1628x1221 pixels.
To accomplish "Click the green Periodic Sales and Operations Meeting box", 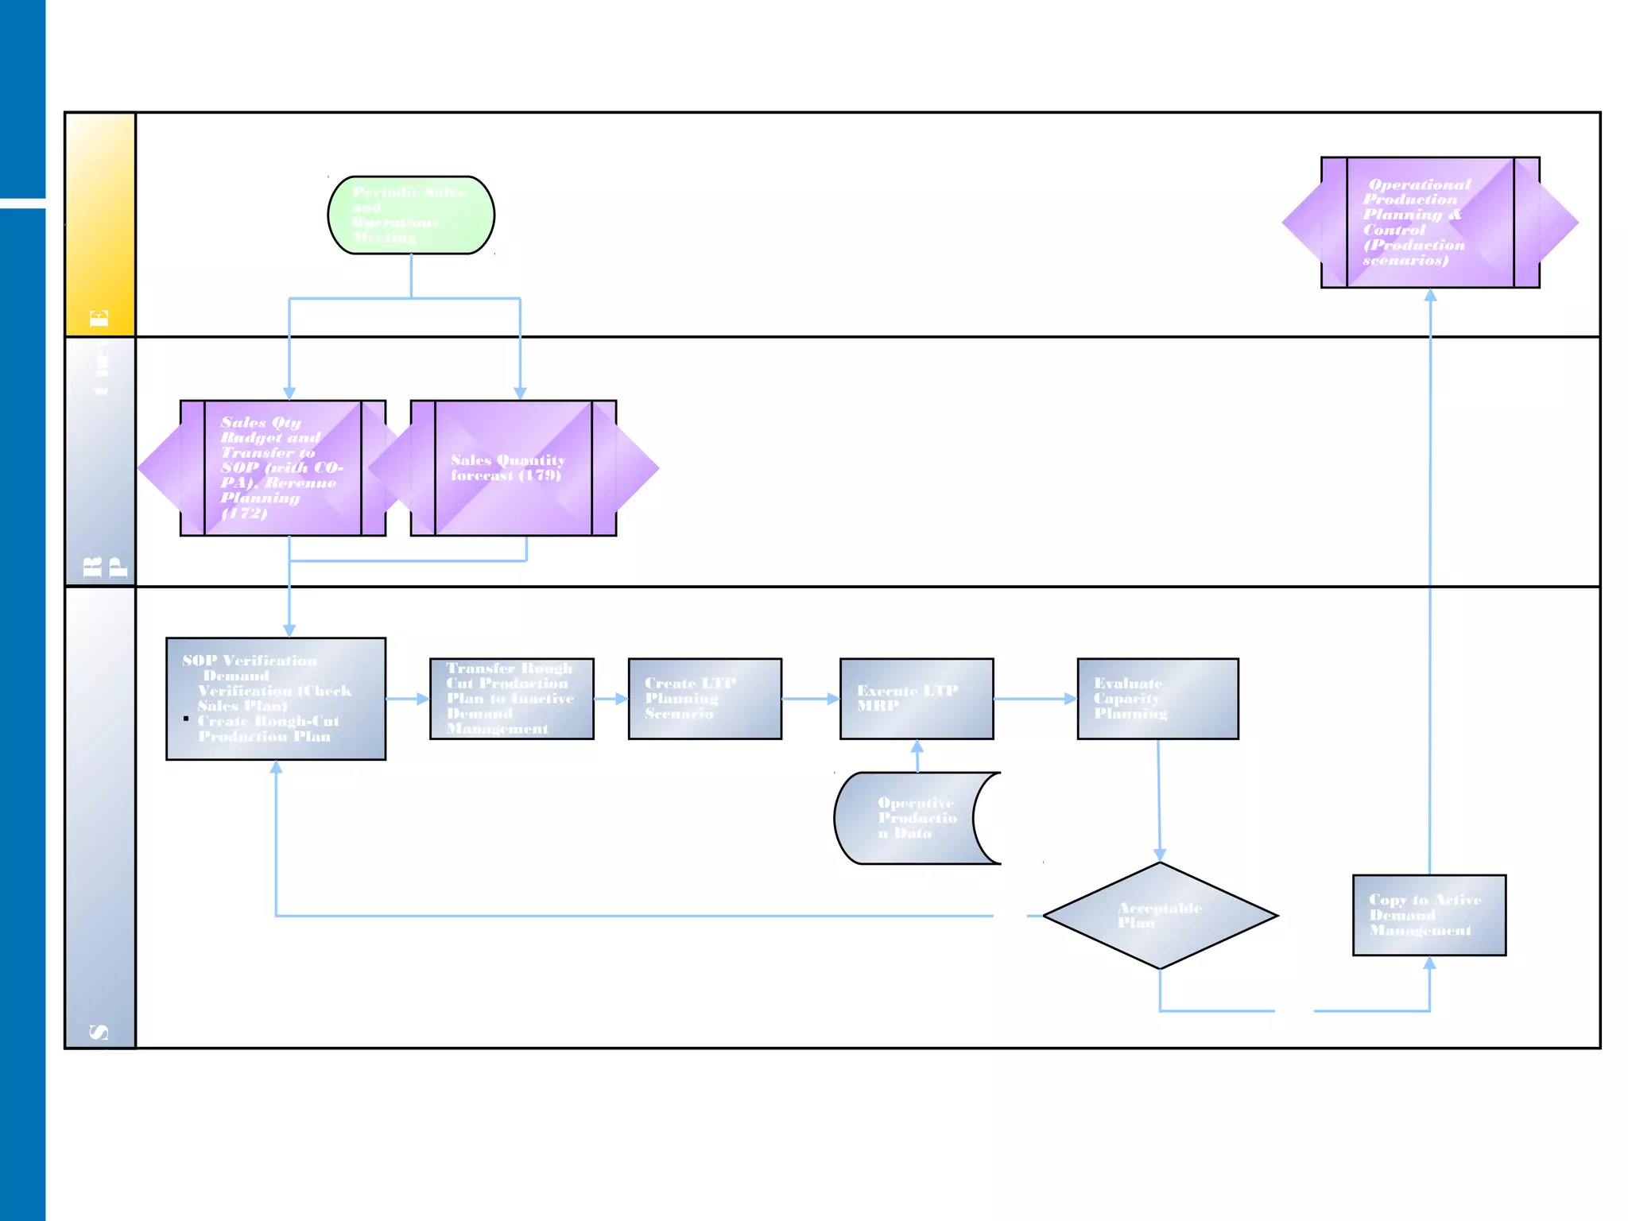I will (x=411, y=215).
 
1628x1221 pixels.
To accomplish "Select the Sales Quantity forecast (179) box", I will (x=514, y=468).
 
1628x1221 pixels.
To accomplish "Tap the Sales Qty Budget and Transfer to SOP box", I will (x=283, y=468).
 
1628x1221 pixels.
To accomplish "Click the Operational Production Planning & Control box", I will (x=1430, y=223).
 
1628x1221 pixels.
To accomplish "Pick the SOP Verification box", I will (x=276, y=699).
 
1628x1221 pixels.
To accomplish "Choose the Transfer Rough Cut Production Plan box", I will (x=511, y=699).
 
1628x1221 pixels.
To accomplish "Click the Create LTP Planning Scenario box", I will (x=704, y=699).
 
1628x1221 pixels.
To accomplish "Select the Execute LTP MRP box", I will (x=917, y=699).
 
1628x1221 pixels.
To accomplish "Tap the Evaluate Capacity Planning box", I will (x=1157, y=699).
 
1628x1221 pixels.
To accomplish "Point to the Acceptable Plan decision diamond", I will (x=1160, y=916).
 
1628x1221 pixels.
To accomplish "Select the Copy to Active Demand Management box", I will (x=1429, y=915).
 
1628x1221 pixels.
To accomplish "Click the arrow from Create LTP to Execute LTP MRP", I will (x=811, y=699).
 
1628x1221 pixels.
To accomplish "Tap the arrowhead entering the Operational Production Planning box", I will (x=1430, y=295).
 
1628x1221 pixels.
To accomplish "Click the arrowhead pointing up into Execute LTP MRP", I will (x=917, y=746).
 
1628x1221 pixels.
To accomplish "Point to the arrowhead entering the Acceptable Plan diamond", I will (x=1160, y=855).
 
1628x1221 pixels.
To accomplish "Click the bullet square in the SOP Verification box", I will (x=186, y=719).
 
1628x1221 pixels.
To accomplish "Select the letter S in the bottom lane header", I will (x=99, y=1032).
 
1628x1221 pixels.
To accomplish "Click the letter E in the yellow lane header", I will (x=99, y=319).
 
